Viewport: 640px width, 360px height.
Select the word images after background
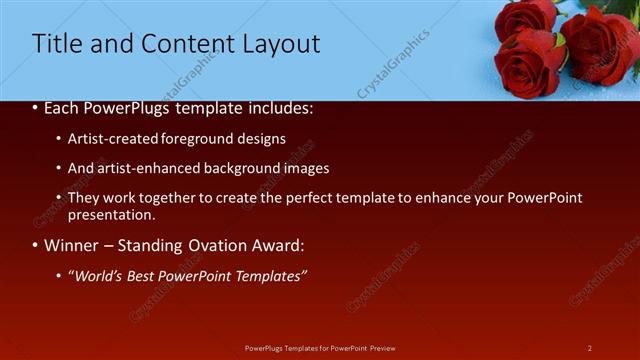[x=307, y=168]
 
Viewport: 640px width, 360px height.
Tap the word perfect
[x=308, y=198]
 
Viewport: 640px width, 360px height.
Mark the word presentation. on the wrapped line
[x=112, y=214]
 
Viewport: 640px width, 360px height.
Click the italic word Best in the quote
[x=142, y=275]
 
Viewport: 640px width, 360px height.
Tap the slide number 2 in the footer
[x=589, y=347]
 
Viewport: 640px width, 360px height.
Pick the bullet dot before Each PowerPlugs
[x=36, y=109]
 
